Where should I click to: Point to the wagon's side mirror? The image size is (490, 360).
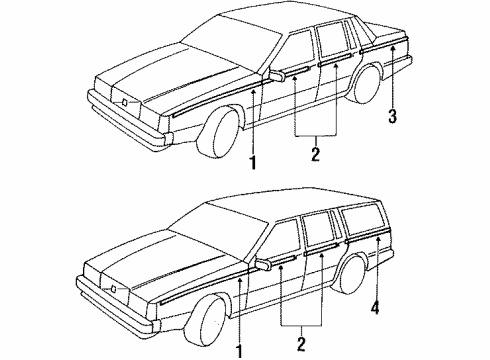[x=263, y=265]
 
